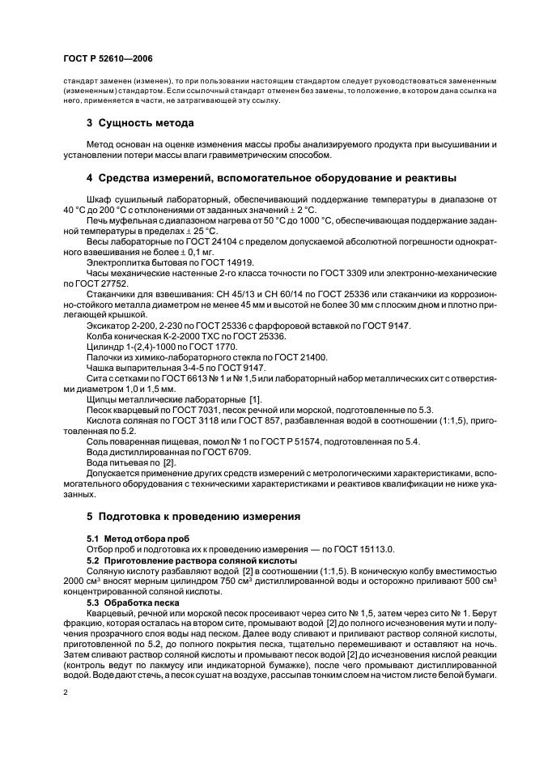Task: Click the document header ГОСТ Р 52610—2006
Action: click(107, 59)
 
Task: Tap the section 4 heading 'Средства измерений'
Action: click(272, 177)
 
